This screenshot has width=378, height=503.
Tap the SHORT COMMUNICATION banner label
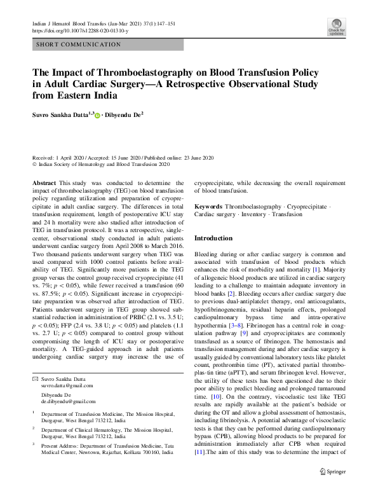(x=79, y=45)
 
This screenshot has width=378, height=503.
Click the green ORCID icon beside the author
(x=98, y=116)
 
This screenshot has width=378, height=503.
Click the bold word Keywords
(x=208, y=207)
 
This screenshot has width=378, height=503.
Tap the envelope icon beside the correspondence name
(x=35, y=380)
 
